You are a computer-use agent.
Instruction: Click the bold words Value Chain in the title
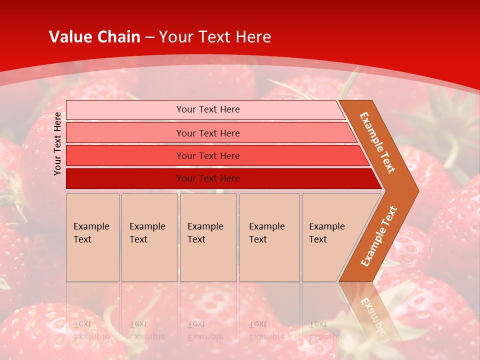(x=94, y=37)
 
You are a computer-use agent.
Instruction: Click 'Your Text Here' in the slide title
(x=215, y=37)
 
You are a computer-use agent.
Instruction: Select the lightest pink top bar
(x=125, y=110)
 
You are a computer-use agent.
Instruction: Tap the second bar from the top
(x=125, y=133)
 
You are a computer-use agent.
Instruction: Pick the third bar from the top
(x=125, y=155)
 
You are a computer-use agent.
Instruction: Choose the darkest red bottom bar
(x=125, y=178)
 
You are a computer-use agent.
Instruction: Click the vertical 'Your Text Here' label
(x=57, y=143)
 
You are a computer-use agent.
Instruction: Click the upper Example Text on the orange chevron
(x=377, y=142)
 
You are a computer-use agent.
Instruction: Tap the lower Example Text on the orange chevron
(x=379, y=236)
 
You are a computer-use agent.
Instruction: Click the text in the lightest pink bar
(x=208, y=109)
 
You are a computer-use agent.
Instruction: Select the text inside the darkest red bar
(x=208, y=178)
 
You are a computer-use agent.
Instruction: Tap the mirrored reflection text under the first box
(x=91, y=330)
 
